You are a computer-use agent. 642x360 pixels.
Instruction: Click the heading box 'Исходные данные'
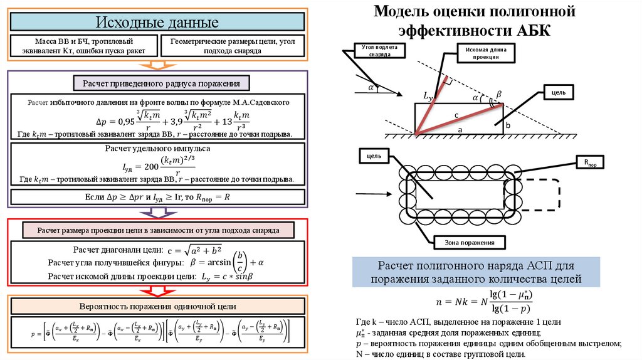tap(157, 22)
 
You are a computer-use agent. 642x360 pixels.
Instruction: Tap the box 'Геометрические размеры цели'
tap(232, 45)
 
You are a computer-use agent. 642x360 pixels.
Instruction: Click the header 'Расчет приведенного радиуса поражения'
tap(161, 83)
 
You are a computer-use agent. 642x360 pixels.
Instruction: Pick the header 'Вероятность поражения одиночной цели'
tap(157, 307)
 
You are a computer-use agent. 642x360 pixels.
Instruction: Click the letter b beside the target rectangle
tap(508, 126)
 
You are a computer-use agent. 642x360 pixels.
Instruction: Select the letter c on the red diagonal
tap(457, 115)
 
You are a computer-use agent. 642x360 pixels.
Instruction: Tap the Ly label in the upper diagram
tap(428, 96)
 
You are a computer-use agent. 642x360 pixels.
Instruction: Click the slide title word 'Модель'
tap(402, 12)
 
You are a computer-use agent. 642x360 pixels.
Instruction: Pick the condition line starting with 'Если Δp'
tap(157, 197)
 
